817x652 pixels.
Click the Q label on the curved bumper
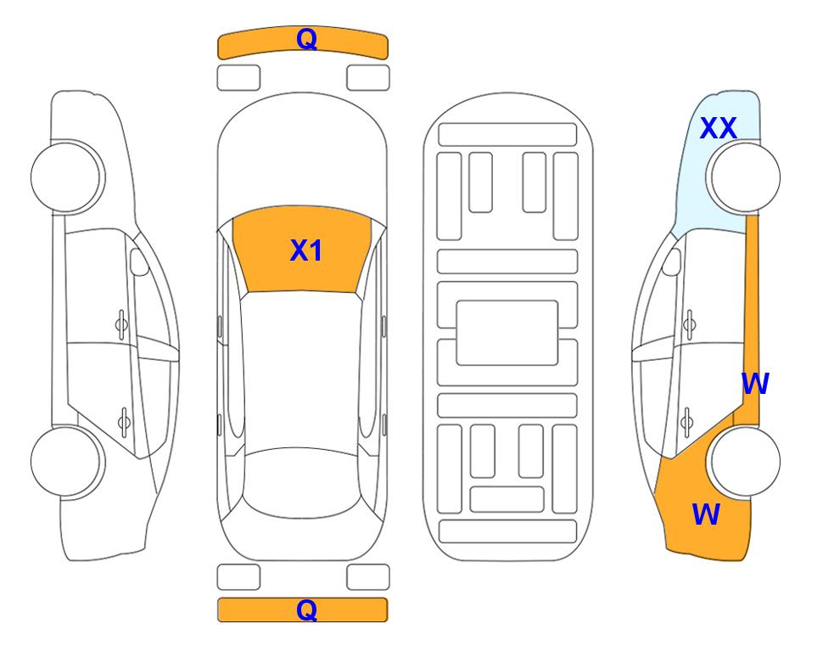click(306, 39)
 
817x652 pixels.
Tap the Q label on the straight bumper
click(306, 610)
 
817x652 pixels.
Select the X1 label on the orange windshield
click(306, 250)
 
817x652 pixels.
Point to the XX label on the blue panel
click(718, 128)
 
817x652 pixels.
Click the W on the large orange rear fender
click(706, 514)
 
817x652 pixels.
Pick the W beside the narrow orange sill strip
click(755, 384)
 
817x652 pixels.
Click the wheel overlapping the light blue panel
click(743, 177)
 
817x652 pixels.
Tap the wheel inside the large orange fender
click(743, 461)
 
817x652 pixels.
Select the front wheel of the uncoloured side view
click(68, 177)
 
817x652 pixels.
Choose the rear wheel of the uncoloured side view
click(68, 461)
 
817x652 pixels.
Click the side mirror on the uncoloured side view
click(139, 261)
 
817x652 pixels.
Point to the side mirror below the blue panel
click(672, 261)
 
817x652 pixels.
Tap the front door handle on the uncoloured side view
click(121, 325)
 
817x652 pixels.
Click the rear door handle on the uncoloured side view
click(124, 421)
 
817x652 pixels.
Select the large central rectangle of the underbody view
click(507, 333)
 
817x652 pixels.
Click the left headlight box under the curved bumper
click(238, 78)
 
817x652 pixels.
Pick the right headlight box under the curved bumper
click(368, 78)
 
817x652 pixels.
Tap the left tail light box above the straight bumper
click(238, 577)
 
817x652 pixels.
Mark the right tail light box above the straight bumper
click(368, 577)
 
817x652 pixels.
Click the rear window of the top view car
click(302, 482)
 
